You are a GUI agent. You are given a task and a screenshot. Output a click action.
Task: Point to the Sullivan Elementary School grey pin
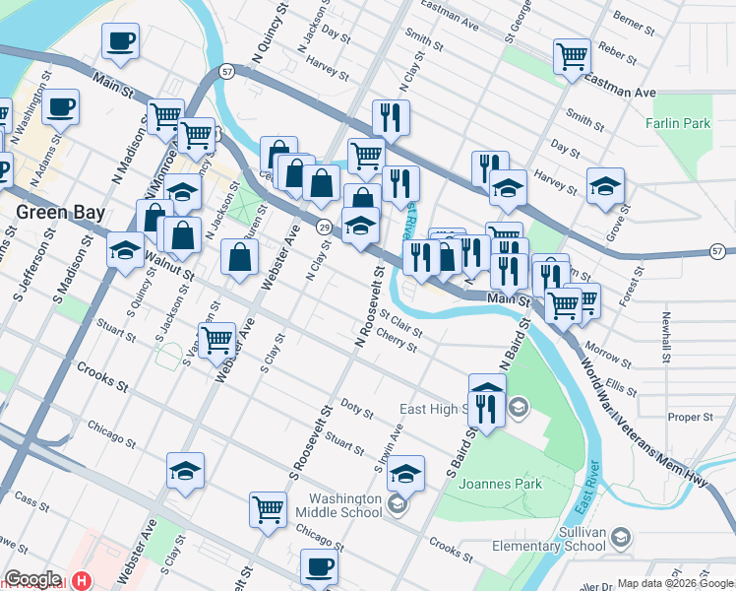(620, 537)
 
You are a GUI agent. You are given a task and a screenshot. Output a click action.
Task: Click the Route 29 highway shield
(323, 228)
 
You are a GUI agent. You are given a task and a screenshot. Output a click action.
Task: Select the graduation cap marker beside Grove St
(605, 184)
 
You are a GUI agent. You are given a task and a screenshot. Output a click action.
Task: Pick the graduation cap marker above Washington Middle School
(405, 473)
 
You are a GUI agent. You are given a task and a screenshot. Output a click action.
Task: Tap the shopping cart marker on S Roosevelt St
(268, 508)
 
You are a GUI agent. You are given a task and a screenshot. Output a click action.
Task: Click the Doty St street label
(356, 406)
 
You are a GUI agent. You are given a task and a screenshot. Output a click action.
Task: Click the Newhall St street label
(667, 335)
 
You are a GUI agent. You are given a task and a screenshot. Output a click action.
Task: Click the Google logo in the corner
(32, 579)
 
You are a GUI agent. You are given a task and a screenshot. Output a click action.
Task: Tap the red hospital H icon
(82, 581)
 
